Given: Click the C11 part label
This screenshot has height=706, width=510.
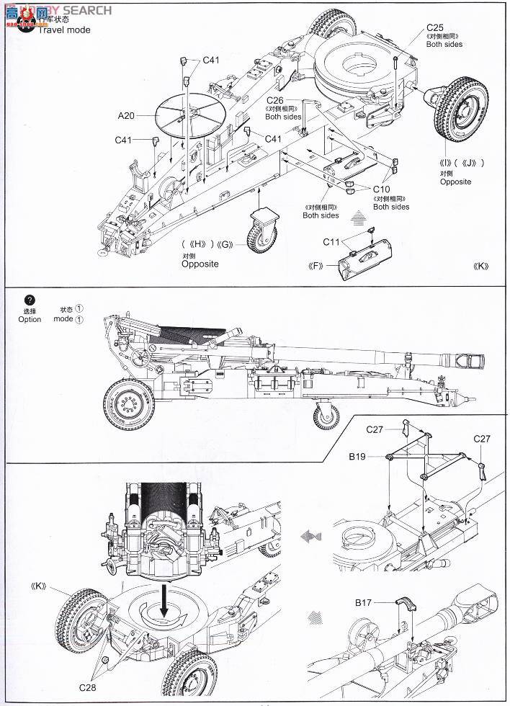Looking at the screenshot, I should [332, 241].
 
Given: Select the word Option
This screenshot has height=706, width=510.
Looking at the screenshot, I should [30, 319].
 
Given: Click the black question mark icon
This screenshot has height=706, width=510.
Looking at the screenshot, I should [29, 300].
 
